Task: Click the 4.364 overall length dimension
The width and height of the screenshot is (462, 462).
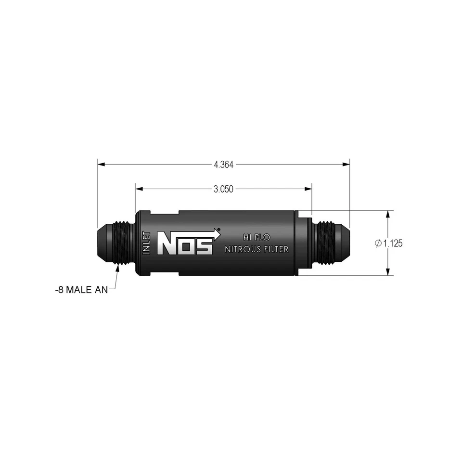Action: (x=223, y=165)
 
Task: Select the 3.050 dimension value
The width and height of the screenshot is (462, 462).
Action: (x=223, y=189)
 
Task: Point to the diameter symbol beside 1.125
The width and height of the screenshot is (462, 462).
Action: (x=378, y=244)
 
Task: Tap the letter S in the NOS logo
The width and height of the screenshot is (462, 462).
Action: (x=205, y=245)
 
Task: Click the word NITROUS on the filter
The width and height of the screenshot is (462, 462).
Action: (x=244, y=249)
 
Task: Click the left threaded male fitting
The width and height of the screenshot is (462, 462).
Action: (x=115, y=243)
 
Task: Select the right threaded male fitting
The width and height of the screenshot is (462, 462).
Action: (x=329, y=243)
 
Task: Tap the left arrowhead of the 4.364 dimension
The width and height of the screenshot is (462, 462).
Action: (x=101, y=165)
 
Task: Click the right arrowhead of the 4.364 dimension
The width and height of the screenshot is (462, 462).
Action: (x=346, y=165)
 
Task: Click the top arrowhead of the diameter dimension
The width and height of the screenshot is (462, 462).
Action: (x=387, y=214)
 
